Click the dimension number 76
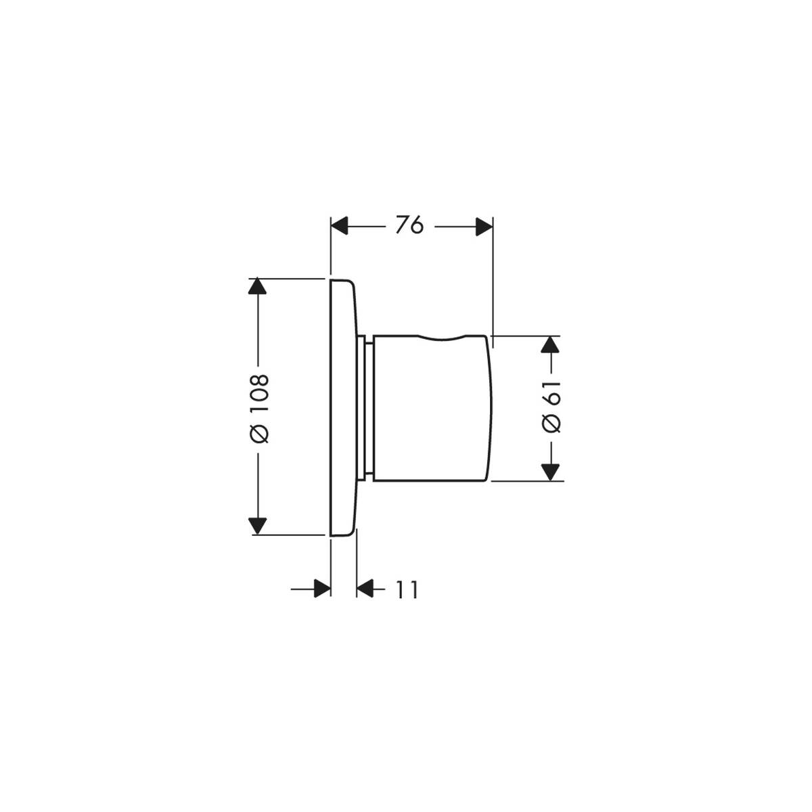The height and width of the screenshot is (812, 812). click(409, 225)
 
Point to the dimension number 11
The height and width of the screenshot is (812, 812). click(407, 590)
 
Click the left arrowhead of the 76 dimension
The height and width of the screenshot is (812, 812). click(340, 226)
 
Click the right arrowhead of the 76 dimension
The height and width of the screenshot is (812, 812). click(484, 226)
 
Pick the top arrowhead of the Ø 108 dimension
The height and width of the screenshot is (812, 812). click(257, 286)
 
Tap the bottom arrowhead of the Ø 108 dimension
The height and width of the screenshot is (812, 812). click(257, 526)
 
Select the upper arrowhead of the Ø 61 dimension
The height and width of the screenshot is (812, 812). click(550, 344)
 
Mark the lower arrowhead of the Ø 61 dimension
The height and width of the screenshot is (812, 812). click(550, 472)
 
